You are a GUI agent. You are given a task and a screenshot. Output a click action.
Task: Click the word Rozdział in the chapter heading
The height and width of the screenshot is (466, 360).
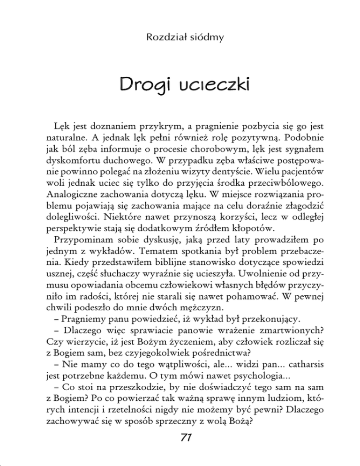[157, 36]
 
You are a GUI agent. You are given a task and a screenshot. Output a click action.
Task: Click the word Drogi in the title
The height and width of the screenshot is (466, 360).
[143, 86]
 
